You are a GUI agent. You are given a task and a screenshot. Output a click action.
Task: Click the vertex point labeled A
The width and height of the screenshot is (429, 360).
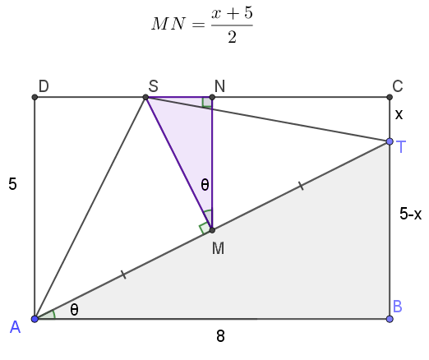(x=35, y=319)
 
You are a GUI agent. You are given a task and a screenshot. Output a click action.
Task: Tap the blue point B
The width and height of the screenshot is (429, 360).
(x=390, y=319)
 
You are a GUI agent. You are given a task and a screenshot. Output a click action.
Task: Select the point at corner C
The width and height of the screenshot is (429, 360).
(x=390, y=97)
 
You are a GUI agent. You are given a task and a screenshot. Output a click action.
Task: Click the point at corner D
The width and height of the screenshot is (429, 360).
(x=35, y=97)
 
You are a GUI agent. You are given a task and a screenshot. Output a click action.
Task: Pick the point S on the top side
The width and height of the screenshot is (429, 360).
(x=145, y=97)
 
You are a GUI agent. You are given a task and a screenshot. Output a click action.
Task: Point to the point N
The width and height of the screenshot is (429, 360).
(x=212, y=97)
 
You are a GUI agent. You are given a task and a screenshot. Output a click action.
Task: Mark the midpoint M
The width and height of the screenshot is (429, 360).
(x=212, y=230)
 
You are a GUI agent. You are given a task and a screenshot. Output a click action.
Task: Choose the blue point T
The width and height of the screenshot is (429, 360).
(x=390, y=141)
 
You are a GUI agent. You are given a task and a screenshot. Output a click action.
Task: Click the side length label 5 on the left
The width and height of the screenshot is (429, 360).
(x=12, y=184)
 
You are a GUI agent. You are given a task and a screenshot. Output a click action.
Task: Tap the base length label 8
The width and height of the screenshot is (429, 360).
(x=220, y=336)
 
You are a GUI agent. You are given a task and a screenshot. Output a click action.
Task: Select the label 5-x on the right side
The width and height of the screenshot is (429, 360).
(x=410, y=214)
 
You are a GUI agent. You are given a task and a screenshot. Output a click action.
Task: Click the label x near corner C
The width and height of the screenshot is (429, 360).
(x=399, y=114)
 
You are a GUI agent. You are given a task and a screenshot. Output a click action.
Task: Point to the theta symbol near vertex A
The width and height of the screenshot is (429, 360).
(x=74, y=310)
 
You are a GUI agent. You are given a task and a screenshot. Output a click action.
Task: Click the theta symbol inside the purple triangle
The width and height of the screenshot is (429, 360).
(x=205, y=184)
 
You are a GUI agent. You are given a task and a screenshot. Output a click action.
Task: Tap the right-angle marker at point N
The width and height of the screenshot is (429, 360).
(x=206, y=102)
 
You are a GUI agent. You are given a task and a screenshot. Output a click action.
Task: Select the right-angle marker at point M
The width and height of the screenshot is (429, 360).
(x=205, y=228)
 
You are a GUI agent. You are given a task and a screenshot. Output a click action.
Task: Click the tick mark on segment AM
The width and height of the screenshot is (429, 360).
(x=124, y=275)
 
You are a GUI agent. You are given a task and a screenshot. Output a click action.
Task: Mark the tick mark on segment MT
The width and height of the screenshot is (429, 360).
(x=301, y=186)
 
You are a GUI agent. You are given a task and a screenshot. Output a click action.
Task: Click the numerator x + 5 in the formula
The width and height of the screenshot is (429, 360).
(x=232, y=13)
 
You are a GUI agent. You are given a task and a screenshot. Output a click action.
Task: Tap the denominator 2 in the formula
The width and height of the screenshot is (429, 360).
(x=232, y=37)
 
